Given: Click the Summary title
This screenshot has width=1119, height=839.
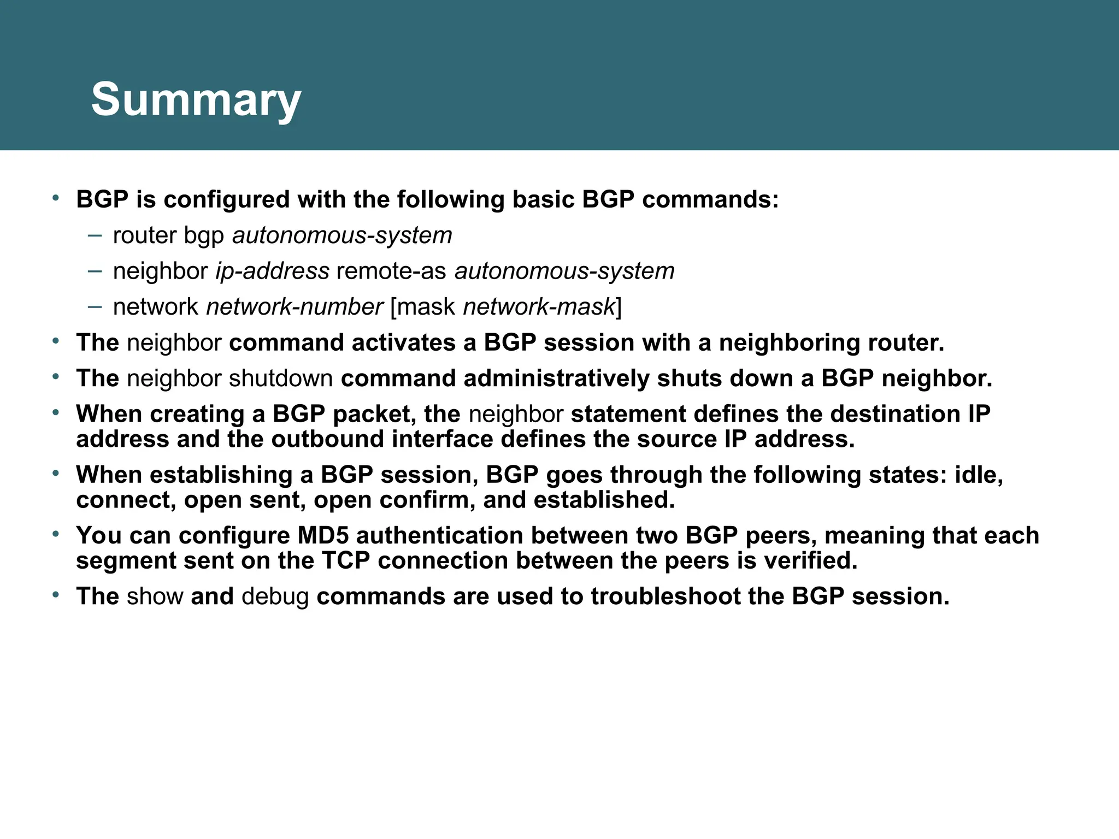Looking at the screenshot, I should pos(196,100).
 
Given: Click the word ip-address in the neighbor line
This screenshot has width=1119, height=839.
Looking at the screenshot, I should pos(272,271).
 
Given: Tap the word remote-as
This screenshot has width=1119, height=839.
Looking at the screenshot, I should pos(391,271).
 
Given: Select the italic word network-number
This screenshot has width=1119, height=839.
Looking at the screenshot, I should pos(295,307).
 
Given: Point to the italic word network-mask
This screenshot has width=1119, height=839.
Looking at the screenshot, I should pos(539,307).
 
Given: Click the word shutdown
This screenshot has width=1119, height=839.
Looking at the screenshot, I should pos(281,379).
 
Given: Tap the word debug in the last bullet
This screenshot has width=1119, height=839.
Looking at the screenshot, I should pos(275,596).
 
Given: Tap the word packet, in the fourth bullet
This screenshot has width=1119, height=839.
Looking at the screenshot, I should pos(374,414).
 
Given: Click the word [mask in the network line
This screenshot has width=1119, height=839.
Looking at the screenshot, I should pos(423,307).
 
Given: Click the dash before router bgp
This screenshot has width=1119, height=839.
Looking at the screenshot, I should pos(95,235).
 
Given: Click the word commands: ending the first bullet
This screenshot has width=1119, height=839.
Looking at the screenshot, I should pos(710,200).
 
